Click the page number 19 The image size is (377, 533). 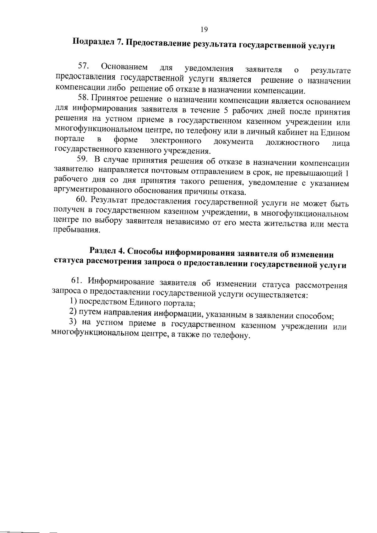[204, 30]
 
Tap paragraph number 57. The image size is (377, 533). [84, 66]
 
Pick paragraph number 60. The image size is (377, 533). [83, 200]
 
